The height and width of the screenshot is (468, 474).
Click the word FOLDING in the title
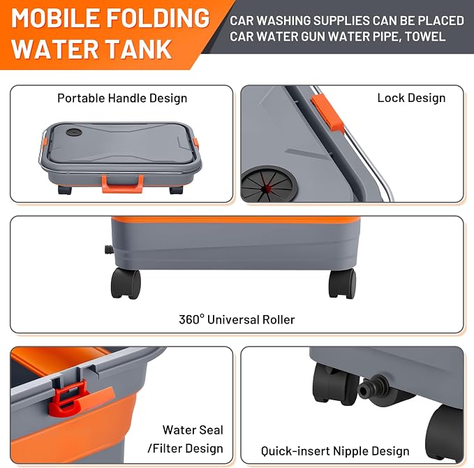[x=158, y=18]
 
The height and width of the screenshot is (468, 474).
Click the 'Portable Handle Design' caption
[x=122, y=98]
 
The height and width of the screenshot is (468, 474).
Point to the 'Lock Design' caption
[x=411, y=98]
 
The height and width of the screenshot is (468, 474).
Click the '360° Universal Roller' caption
[x=237, y=319]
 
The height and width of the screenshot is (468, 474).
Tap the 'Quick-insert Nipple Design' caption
[x=335, y=451]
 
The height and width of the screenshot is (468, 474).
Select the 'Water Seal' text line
[x=193, y=430]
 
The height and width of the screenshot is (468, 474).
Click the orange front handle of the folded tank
[x=122, y=184]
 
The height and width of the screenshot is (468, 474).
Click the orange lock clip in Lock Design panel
[x=327, y=112]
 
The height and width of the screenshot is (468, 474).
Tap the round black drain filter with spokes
[x=269, y=184]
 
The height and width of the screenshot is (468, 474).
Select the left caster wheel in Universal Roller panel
[x=126, y=283]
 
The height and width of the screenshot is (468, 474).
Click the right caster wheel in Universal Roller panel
[x=342, y=284]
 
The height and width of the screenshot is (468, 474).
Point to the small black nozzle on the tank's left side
[x=109, y=250]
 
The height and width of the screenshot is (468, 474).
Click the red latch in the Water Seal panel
[x=66, y=397]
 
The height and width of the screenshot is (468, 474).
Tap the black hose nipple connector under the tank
[x=369, y=387]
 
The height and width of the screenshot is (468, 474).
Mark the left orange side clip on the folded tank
[x=45, y=143]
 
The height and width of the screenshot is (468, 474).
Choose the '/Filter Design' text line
[x=185, y=448]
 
